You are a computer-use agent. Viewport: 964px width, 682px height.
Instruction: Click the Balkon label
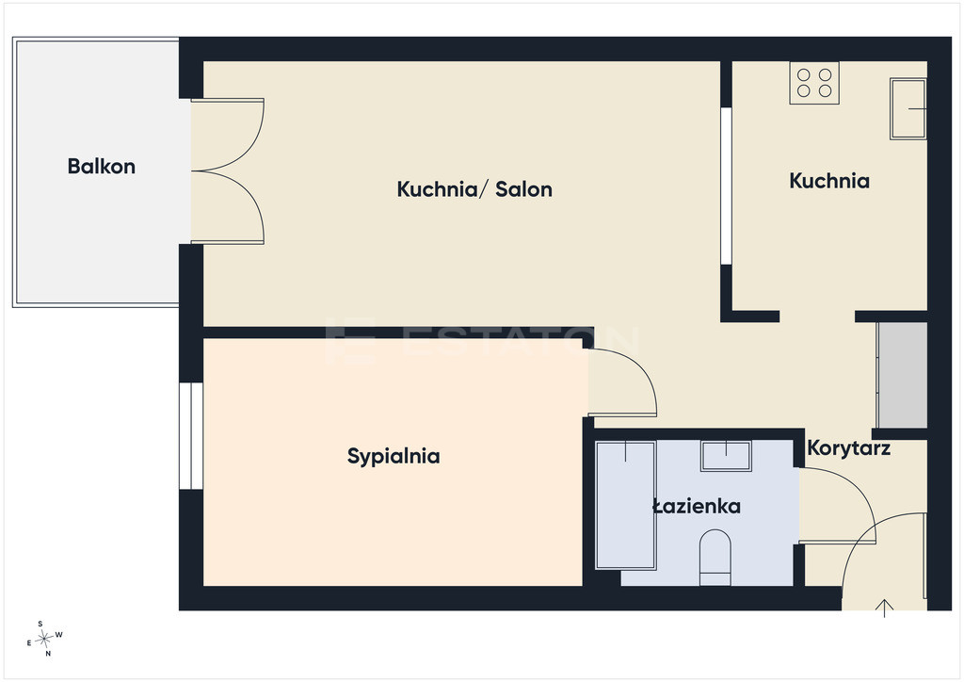tap(102, 166)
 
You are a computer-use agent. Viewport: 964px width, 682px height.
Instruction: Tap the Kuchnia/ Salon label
tap(474, 188)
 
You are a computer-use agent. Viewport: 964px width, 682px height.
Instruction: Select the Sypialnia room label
tap(394, 456)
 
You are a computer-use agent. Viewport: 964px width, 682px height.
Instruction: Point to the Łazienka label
tap(697, 506)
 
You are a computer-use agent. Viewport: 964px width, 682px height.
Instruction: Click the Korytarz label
tap(848, 447)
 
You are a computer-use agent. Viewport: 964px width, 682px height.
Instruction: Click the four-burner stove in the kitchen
tap(814, 83)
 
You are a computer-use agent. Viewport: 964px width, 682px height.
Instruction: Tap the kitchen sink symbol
tap(908, 109)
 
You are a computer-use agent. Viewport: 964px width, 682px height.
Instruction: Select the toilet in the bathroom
tap(715, 557)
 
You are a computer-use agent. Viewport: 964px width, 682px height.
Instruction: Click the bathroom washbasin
tap(726, 456)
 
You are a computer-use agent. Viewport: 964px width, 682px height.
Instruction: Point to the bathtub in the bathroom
tap(625, 505)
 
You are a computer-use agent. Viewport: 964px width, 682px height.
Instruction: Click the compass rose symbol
tap(44, 640)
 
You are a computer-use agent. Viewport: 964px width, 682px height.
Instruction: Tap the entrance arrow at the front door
tap(884, 608)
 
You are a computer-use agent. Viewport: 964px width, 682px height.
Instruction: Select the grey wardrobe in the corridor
tap(902, 375)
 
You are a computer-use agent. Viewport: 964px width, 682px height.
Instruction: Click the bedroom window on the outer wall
tap(191, 436)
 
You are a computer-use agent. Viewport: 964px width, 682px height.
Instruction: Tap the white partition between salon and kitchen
tap(726, 186)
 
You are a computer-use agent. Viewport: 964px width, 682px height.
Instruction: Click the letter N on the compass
tap(48, 654)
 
